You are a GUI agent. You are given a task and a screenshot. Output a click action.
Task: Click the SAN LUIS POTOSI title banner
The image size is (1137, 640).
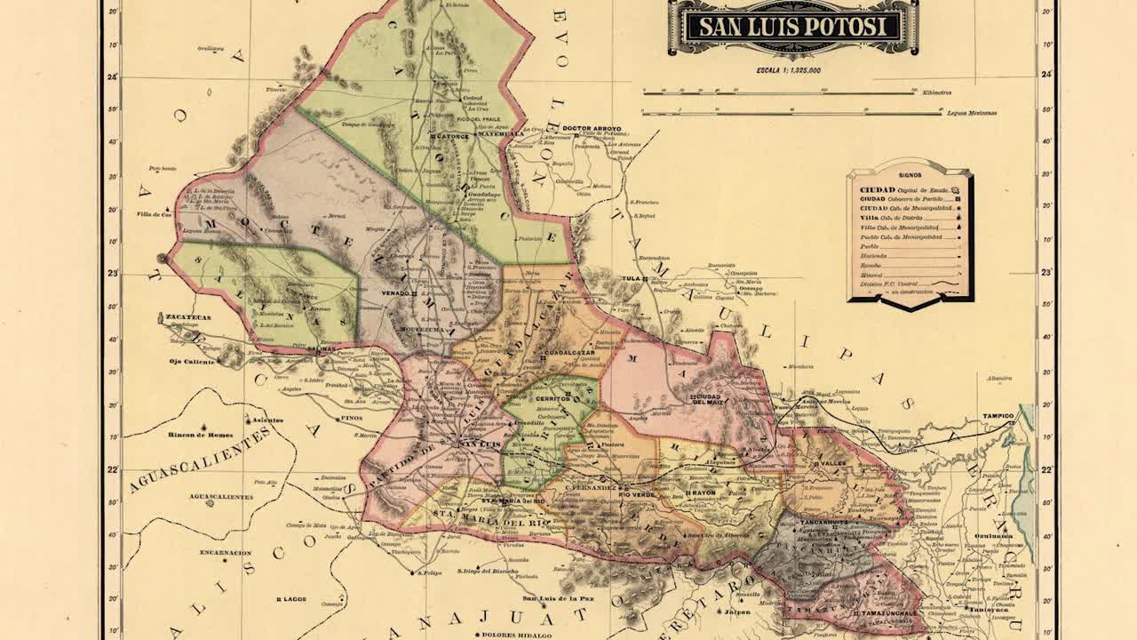(792, 27)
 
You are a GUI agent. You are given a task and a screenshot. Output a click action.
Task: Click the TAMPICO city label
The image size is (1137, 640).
(997, 415)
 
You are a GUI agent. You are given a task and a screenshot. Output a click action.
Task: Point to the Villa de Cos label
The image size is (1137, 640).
(152, 214)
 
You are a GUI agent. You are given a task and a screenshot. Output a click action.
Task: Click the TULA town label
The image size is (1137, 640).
(632, 278)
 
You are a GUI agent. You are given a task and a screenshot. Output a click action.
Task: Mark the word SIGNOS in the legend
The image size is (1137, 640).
(909, 176)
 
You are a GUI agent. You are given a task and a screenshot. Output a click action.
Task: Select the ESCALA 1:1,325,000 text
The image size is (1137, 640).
(789, 69)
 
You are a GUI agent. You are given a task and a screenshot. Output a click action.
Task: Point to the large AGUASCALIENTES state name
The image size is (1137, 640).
(200, 460)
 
